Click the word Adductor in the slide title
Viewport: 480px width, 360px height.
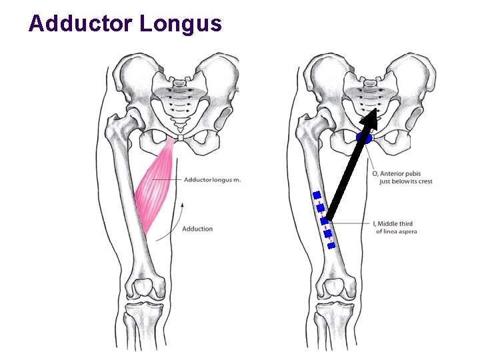pos(81,24)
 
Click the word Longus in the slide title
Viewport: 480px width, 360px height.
pos(181,25)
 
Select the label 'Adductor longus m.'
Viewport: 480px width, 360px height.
pos(212,180)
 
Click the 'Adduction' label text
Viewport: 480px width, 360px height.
pos(197,229)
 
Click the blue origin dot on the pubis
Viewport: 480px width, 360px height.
pos(364,139)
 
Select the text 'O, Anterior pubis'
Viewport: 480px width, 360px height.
pos(397,174)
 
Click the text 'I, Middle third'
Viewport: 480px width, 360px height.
pos(394,224)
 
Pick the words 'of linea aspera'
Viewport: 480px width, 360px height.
pos(397,232)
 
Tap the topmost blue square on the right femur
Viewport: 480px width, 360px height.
pos(317,195)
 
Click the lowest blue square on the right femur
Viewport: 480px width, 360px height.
pos(331,245)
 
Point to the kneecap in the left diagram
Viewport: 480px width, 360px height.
pos(144,289)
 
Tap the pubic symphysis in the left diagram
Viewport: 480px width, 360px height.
pos(179,139)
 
